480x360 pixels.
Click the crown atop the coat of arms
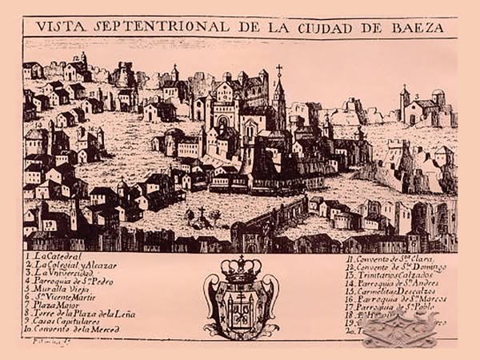pos(240,269)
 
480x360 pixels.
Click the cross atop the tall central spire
pos(279,70)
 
